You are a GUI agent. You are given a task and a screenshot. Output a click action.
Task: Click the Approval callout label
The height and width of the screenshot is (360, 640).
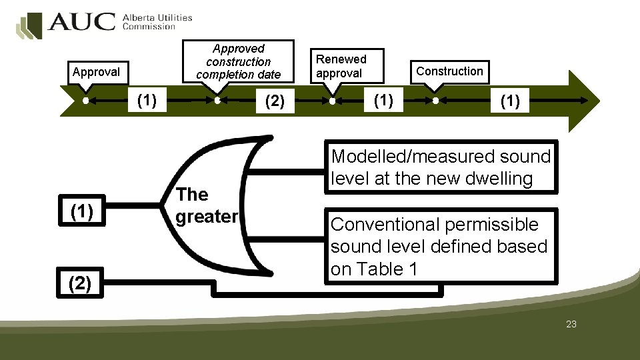pos(96,72)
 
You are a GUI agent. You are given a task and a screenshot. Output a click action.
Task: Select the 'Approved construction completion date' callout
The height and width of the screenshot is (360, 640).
pos(239,61)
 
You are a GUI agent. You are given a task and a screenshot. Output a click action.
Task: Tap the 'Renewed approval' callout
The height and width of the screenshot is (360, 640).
pos(341,66)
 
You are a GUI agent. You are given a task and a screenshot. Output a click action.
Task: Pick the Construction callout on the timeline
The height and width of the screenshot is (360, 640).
pos(449,71)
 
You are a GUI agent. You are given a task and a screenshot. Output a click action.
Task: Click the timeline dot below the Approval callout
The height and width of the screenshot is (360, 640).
pos(86,101)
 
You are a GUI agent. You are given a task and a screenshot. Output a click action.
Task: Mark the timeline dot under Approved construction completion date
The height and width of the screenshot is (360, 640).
pos(218,101)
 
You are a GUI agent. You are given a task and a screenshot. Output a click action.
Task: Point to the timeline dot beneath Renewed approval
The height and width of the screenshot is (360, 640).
pos(332,102)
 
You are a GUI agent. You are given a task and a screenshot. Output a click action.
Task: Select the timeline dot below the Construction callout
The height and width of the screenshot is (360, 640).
pos(435,101)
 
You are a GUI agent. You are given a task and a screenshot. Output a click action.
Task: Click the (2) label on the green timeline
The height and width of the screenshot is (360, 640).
pos(275,101)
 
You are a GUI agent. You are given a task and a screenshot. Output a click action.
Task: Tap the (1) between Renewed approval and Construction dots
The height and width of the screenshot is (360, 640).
pos(383,101)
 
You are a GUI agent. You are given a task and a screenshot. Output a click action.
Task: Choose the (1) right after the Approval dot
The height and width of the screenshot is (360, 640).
pos(147,101)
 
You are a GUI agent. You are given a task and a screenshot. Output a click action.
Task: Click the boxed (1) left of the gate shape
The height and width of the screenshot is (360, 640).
pos(81,211)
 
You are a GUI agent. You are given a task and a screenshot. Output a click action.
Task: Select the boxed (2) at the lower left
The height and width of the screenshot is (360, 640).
pos(80,284)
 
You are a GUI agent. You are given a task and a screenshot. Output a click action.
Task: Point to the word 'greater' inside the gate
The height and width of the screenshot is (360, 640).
pos(207,217)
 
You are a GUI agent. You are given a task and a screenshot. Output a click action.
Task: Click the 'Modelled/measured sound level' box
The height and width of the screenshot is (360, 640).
pos(441,167)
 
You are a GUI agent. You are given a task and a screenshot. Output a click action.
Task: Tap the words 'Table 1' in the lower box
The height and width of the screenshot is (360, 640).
pos(397,269)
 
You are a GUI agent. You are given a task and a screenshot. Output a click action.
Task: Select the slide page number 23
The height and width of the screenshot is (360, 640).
pos(571,325)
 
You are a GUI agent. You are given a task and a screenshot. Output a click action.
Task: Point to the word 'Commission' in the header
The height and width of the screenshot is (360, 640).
pos(149,27)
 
